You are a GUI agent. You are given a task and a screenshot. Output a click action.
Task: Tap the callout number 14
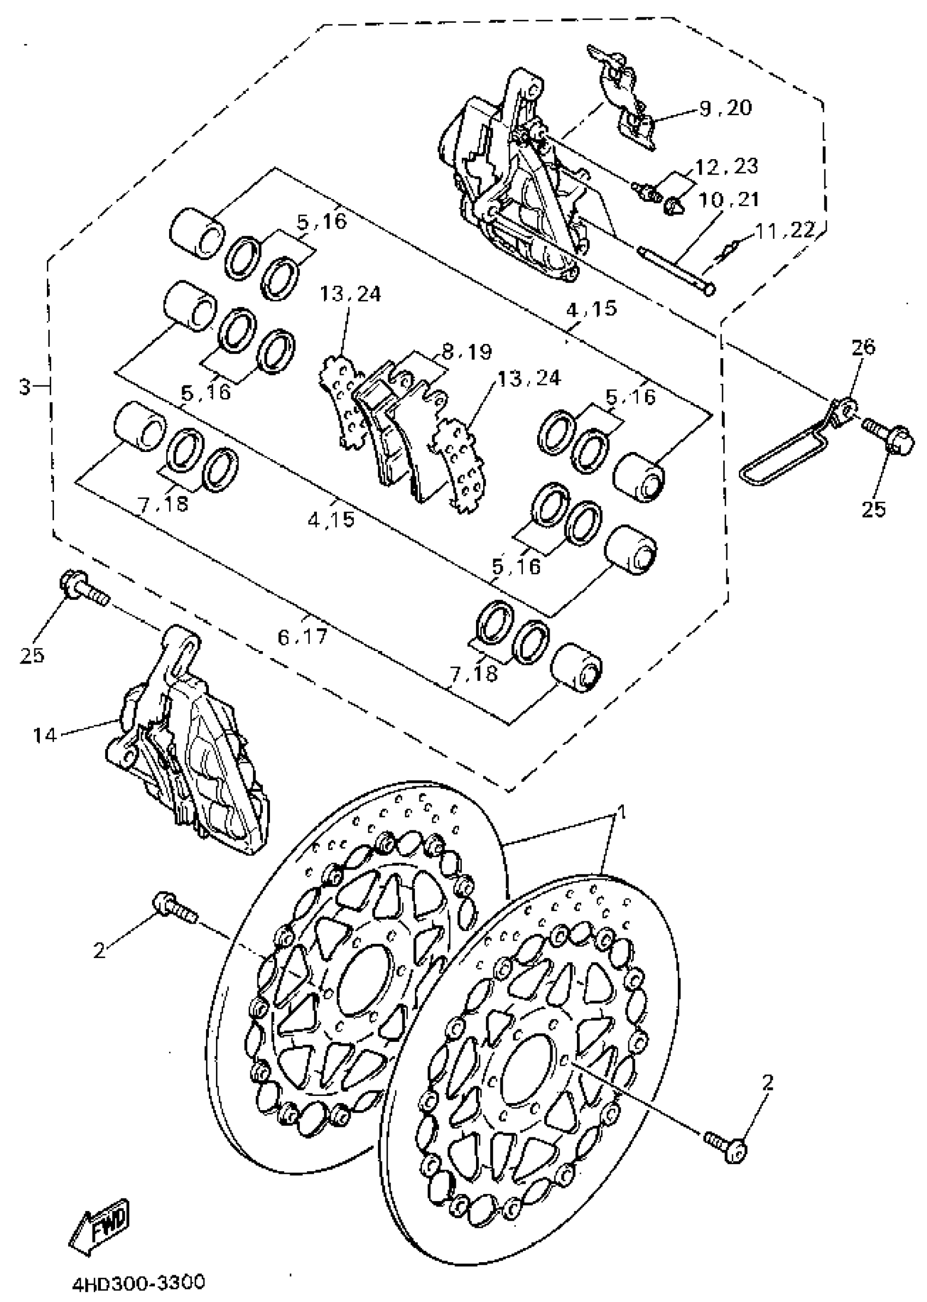[x=45, y=735]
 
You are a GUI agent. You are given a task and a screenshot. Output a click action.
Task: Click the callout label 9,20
[x=725, y=107]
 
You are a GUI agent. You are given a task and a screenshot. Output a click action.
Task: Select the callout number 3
[x=24, y=388]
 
